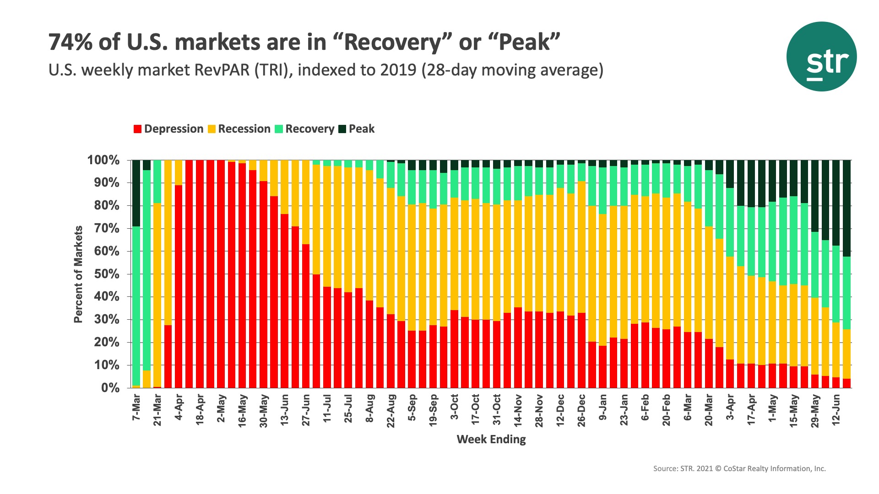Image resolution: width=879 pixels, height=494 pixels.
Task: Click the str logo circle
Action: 821,57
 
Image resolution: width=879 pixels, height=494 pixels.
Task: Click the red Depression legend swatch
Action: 137,129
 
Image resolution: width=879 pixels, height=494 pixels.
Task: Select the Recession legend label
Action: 244,129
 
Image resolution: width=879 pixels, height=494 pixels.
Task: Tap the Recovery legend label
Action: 309,129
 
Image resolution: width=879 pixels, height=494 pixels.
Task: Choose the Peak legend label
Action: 361,129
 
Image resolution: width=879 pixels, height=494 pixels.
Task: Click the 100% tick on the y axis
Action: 103,161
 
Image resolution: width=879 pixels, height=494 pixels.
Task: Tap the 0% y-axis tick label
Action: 110,388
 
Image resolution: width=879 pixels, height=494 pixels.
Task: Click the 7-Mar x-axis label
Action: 136,408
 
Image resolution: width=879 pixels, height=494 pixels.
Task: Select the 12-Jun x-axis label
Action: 836,410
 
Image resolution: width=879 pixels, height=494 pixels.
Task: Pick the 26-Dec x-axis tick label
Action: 581,410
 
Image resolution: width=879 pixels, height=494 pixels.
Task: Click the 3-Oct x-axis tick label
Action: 454,407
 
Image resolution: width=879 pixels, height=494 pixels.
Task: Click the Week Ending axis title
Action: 491,440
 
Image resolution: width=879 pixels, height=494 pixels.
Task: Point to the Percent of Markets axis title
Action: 78,274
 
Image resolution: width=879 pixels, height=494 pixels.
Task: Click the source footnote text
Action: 739,468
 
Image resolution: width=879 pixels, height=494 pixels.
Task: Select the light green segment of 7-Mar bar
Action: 136,306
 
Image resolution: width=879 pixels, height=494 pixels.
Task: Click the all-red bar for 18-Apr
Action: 200,274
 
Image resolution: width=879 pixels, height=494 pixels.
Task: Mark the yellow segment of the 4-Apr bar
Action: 179,172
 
